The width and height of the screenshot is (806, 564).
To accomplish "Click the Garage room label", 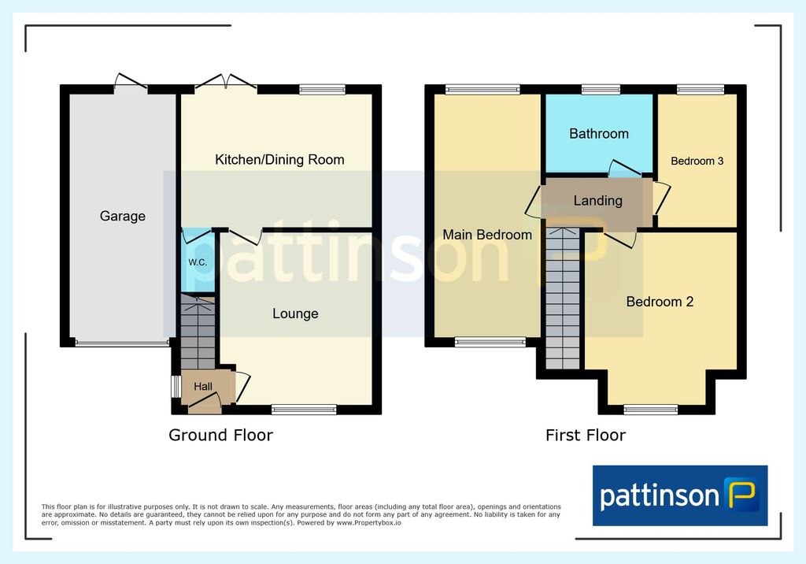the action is [122, 216].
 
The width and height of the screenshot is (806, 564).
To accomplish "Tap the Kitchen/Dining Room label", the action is [279, 160].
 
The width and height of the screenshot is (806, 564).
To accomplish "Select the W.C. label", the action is [198, 262].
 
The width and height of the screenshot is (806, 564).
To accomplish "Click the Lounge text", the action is [295, 314].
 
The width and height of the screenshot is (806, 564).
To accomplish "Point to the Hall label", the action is [203, 387].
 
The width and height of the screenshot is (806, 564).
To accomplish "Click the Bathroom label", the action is [599, 134].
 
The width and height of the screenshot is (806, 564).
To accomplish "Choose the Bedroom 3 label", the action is [697, 161].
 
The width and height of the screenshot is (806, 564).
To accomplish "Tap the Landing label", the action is [598, 201].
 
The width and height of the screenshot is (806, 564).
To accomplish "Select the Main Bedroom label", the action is [487, 235].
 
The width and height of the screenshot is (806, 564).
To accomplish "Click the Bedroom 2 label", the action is [660, 302].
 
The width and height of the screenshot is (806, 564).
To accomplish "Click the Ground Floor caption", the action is [220, 436].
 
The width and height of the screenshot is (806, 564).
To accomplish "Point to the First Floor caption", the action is [586, 436].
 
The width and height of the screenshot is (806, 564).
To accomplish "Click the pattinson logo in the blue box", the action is [680, 495].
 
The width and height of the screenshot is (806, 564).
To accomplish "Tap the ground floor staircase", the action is [198, 332].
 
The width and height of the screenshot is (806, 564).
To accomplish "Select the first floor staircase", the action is [562, 299].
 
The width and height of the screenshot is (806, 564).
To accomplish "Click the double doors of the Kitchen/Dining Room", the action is [226, 83].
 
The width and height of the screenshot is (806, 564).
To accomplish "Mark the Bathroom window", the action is [601, 90].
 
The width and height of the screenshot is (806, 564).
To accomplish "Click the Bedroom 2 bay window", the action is [651, 410].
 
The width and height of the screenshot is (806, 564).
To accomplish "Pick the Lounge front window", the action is [304, 410].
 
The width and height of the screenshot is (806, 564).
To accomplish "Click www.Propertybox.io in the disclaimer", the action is [368, 523].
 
